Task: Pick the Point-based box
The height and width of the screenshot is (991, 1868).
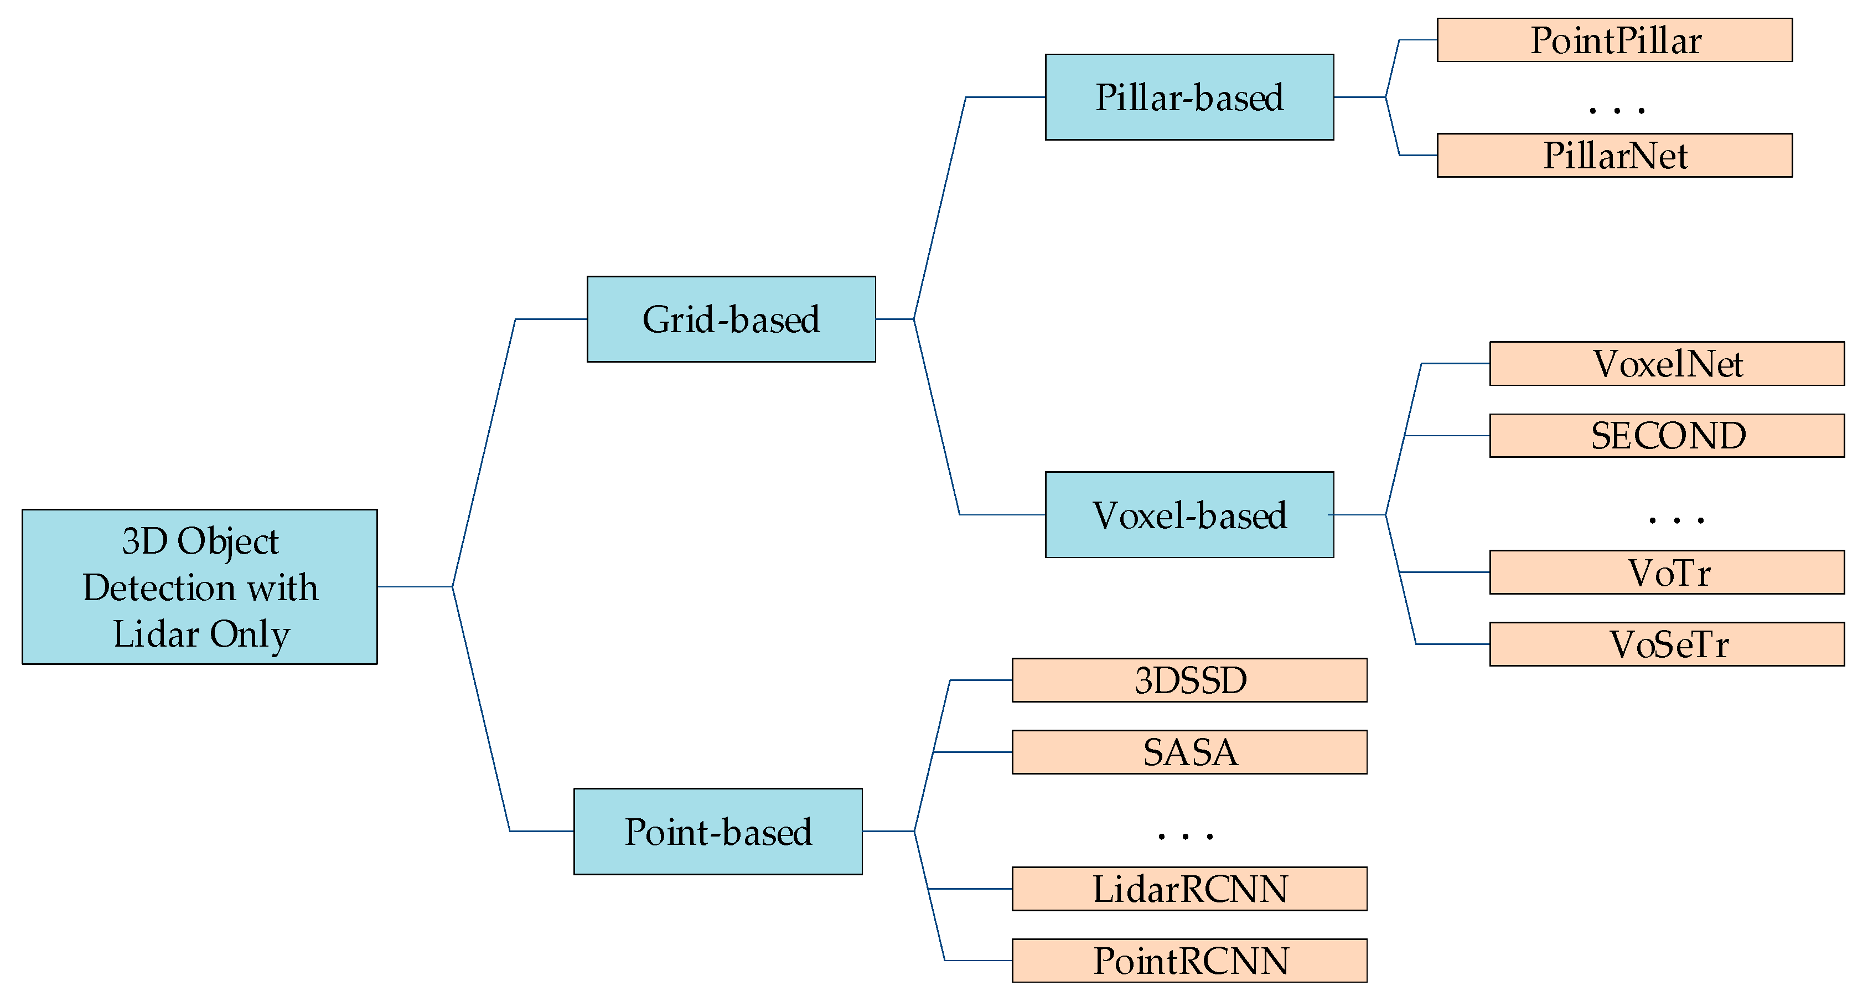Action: coord(717,832)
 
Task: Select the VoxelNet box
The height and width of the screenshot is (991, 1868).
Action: coord(1667,364)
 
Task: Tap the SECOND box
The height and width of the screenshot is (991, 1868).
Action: coord(1667,435)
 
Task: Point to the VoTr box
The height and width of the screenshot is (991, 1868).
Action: coord(1667,572)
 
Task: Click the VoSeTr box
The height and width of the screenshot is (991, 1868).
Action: coord(1667,644)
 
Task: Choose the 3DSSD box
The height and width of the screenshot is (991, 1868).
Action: coord(1189,680)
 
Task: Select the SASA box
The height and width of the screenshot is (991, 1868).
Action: coord(1189,752)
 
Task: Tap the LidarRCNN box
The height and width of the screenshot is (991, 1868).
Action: coord(1189,889)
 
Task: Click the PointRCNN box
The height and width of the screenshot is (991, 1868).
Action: coord(1189,961)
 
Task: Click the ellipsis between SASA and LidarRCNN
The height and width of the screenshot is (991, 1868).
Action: coord(1185,837)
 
